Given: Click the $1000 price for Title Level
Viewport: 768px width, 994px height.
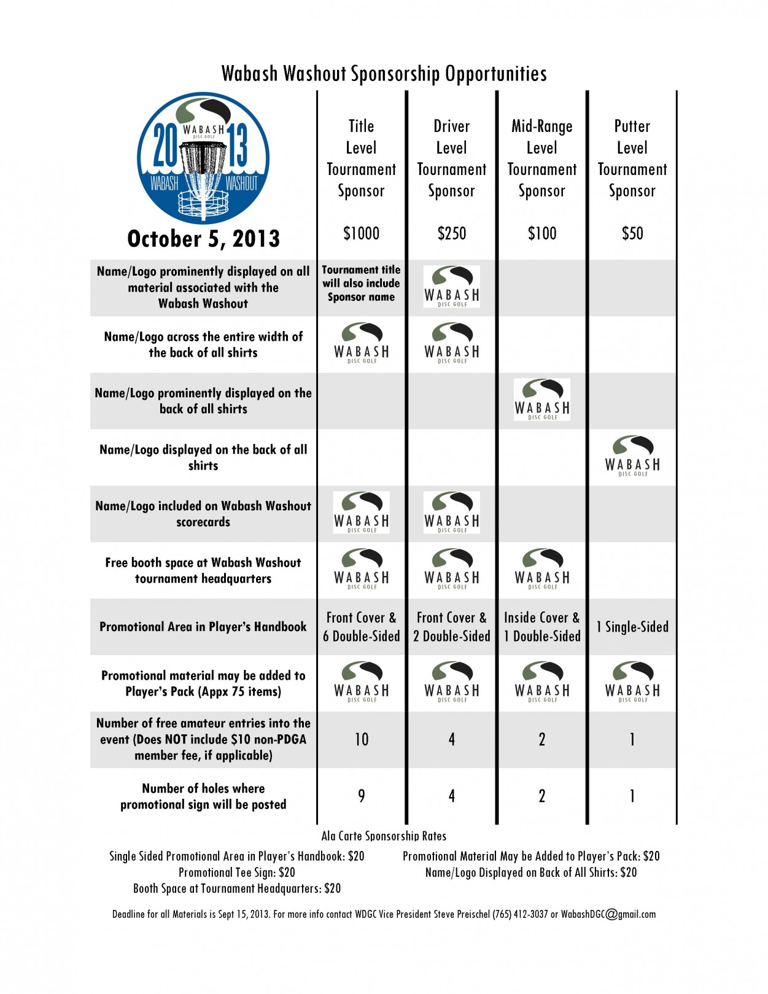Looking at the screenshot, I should click(x=361, y=233).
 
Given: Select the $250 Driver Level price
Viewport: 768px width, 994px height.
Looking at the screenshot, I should click(x=451, y=233).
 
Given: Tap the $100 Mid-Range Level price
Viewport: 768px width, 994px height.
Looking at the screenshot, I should click(x=541, y=233).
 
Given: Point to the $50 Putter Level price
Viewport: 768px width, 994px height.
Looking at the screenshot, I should click(x=632, y=233).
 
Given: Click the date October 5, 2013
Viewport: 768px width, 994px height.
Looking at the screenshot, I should click(x=203, y=238).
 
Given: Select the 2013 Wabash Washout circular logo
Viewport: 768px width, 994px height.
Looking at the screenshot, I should click(x=203, y=158).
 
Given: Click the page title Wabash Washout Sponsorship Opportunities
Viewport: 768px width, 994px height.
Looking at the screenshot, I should click(x=384, y=74).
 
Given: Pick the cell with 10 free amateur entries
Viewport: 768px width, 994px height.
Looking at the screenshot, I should click(x=362, y=739).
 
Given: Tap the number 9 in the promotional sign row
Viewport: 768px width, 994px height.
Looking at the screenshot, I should click(x=362, y=796).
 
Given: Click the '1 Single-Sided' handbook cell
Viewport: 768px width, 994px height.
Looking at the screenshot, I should click(x=632, y=627).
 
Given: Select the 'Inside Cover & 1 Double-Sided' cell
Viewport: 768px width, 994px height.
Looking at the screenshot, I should click(x=541, y=627).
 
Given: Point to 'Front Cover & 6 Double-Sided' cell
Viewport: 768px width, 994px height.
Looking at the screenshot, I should click(x=361, y=627).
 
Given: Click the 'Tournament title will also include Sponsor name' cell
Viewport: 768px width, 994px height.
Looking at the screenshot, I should click(x=361, y=283).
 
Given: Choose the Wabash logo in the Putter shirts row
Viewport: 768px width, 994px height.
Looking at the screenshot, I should click(x=632, y=456).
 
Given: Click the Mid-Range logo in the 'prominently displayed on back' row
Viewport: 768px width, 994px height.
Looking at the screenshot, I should click(x=542, y=400).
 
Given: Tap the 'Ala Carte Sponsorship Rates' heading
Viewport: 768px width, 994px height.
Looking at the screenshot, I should click(x=384, y=836).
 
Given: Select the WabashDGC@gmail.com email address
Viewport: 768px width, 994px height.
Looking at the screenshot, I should click(x=608, y=914).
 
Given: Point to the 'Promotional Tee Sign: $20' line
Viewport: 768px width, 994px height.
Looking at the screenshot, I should click(x=236, y=872).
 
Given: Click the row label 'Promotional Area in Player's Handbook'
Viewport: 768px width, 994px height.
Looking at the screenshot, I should click(x=203, y=627).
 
